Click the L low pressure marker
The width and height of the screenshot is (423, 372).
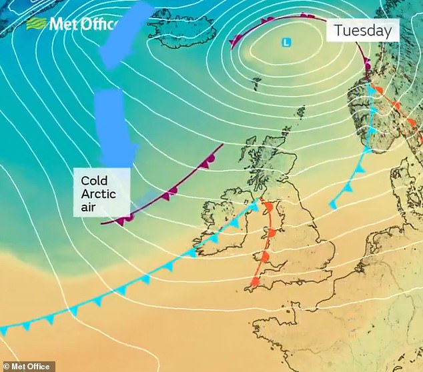click(x=286, y=42)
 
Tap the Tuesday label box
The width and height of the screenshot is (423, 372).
click(x=362, y=31)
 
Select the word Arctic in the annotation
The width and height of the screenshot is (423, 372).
click(x=98, y=194)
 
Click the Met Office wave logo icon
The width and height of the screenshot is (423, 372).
click(x=36, y=25)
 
